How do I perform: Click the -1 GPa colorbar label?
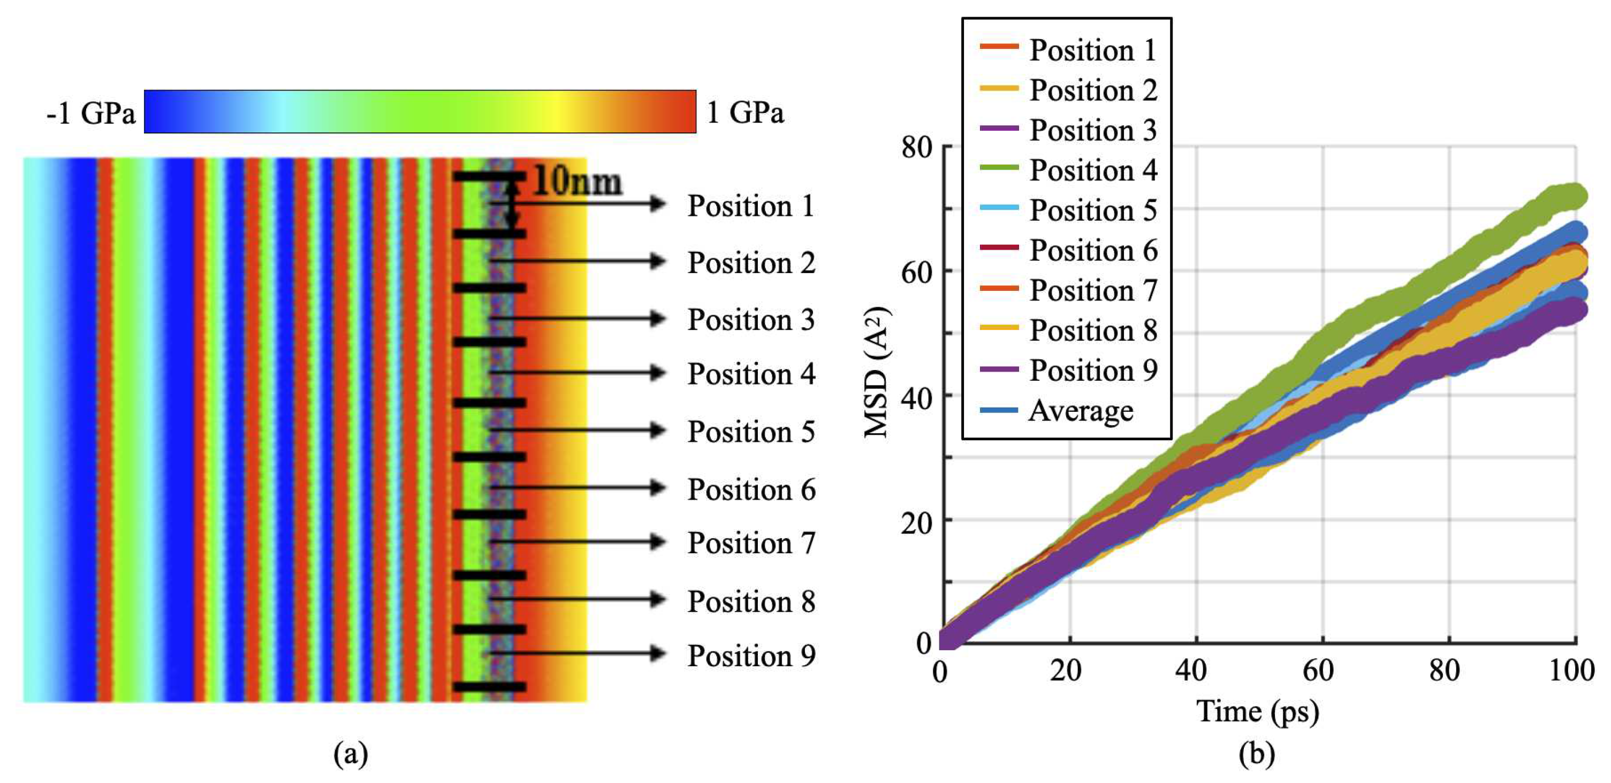[x=90, y=114]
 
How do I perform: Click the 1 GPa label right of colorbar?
[x=745, y=114]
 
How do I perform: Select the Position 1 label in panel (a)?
[x=751, y=206]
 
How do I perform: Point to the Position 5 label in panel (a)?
[x=751, y=432]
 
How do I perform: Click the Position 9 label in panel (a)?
[x=751, y=656]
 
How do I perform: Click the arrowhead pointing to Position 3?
[x=657, y=319]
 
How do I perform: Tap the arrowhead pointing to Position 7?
[x=657, y=542]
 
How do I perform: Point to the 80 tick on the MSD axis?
[x=917, y=148]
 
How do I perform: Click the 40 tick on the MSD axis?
[x=917, y=397]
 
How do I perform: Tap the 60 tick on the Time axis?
[x=1318, y=671]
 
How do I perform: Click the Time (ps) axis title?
[x=1258, y=712]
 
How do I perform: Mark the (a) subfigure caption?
[x=351, y=754]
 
